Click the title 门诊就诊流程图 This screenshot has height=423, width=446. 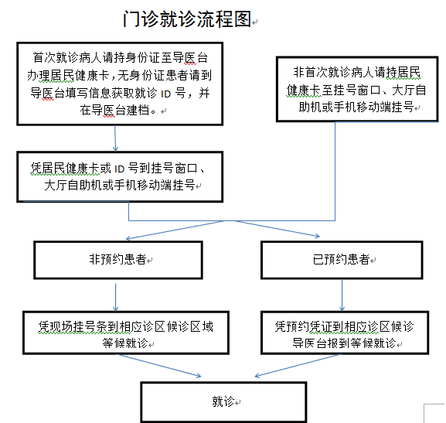click(187, 19)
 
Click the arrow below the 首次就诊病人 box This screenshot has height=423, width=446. click(115, 138)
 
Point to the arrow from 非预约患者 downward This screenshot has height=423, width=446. click(115, 297)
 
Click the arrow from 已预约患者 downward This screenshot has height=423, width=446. click(342, 295)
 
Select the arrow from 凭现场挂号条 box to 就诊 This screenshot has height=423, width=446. click(158, 365)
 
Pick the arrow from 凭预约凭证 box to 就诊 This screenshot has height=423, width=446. click(298, 365)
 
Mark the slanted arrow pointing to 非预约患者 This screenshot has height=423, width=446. click(175, 230)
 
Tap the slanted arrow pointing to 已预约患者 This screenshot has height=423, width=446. click(277, 228)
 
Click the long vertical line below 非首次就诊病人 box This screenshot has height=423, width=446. click(335, 171)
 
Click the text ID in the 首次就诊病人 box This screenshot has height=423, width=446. click(166, 94)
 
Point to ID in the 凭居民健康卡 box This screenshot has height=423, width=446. click(120, 169)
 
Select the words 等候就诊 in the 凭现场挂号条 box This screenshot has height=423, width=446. click(125, 343)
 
